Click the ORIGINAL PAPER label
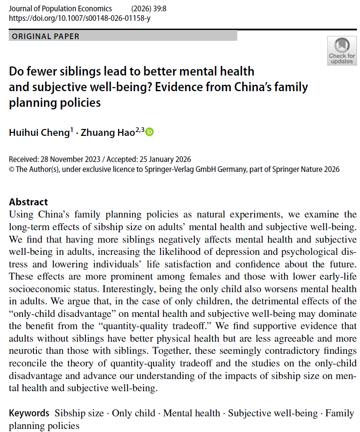[x=46, y=36]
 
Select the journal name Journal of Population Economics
[x=60, y=9]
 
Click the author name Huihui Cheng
[x=39, y=133]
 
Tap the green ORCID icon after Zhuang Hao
[x=149, y=132]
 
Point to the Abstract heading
[x=29, y=202]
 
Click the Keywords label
[x=29, y=413]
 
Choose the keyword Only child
[x=133, y=413]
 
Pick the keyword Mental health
[x=191, y=413]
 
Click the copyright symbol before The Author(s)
[x=12, y=169]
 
